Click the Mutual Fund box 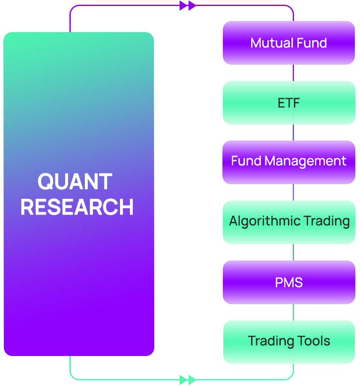[x=289, y=43]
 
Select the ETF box [x=289, y=103]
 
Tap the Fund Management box [x=289, y=162]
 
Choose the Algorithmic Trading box [x=289, y=222]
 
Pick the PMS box [x=289, y=282]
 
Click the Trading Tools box [x=289, y=341]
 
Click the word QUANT [x=75, y=182]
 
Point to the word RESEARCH [x=77, y=207]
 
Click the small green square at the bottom [x=188, y=380]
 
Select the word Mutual [x=271, y=43]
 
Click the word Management [x=306, y=161]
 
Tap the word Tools [x=315, y=341]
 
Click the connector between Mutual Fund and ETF [x=294, y=73]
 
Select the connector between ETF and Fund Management [x=294, y=132]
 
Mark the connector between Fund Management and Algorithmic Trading [x=294, y=192]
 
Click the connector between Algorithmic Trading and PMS [x=294, y=252]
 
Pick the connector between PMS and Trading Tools [x=294, y=312]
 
